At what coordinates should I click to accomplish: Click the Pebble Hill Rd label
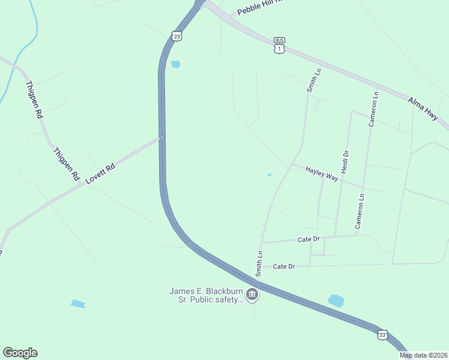click(259, 7)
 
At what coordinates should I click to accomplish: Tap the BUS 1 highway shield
click(279, 46)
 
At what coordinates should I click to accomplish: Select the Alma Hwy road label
click(423, 109)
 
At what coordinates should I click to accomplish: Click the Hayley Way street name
click(322, 174)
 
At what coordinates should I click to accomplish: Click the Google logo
click(20, 353)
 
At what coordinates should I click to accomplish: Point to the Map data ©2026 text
click(424, 355)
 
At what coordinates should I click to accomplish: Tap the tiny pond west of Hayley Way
click(269, 175)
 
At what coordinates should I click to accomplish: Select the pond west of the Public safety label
click(78, 304)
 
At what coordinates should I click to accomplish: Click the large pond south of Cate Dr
click(336, 301)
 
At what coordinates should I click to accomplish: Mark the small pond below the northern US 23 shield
click(175, 64)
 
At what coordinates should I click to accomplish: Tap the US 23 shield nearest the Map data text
click(382, 334)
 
